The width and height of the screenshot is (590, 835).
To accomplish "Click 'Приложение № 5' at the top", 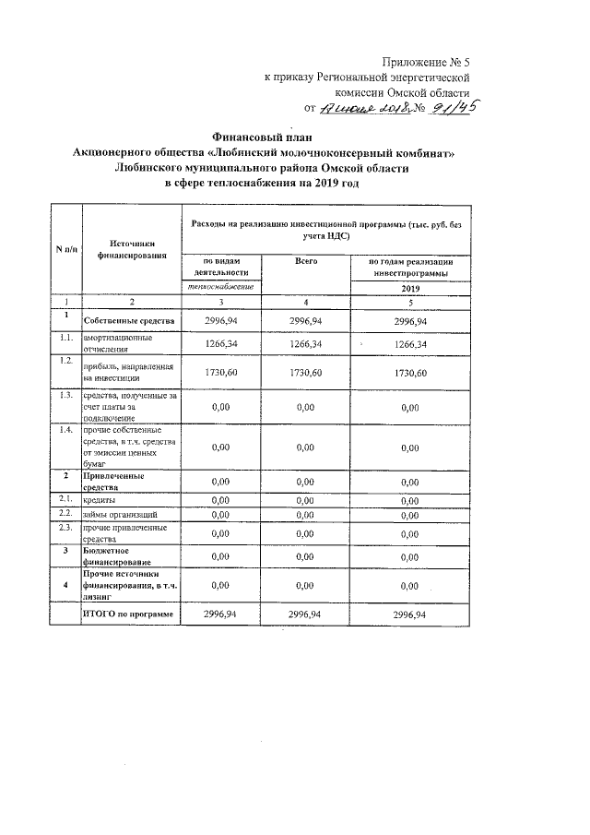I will click(428, 62).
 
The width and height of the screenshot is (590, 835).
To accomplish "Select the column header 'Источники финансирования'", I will click(130, 249).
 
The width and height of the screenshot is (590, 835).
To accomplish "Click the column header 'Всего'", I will click(306, 263).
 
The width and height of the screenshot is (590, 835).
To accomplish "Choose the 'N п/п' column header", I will click(65, 250).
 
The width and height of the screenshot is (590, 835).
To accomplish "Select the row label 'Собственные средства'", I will click(129, 321).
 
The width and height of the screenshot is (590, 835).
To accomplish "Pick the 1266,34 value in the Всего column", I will click(305, 344).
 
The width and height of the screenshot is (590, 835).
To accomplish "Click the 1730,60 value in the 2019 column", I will click(410, 373).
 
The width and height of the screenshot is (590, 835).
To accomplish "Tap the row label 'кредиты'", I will click(99, 499).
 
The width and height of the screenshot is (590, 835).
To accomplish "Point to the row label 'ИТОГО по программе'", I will click(128, 614).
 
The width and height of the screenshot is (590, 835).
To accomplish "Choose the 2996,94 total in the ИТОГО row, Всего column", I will click(305, 614).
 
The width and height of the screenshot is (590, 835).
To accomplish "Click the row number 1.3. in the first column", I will click(65, 396).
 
